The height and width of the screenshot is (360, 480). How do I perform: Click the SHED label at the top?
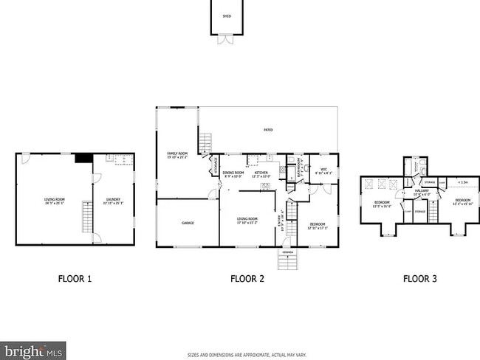(227, 15)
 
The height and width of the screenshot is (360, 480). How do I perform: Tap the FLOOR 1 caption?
(75, 279)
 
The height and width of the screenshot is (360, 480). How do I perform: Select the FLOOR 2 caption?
(247, 279)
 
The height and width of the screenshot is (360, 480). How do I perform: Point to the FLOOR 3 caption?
(419, 279)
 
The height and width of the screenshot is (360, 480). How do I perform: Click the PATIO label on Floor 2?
(268, 130)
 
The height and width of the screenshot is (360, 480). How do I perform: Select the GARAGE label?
(188, 222)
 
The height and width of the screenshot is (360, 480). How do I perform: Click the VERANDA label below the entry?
(287, 252)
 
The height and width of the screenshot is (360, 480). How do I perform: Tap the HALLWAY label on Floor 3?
(421, 193)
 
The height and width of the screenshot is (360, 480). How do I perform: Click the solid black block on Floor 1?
(83, 157)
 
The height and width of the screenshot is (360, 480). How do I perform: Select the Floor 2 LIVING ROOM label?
(247, 220)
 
